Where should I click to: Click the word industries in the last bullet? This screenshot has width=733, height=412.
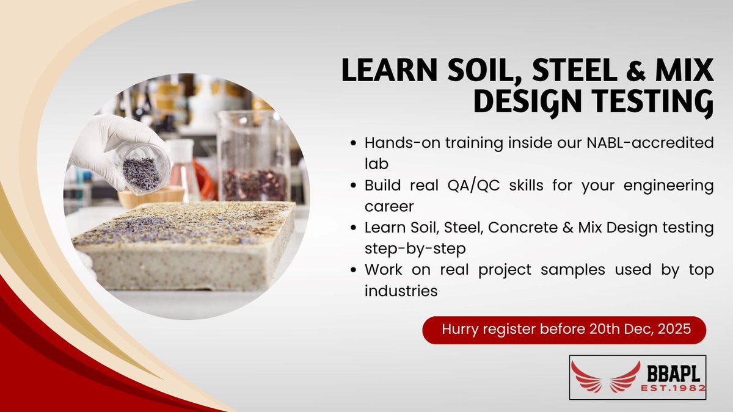point(401,291)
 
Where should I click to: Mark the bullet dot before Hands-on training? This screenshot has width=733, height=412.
point(354,144)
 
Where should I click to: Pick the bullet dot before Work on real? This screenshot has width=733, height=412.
point(354,270)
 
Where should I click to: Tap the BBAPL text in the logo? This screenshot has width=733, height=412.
point(674,371)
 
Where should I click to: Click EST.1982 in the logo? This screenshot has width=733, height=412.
point(674,388)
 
